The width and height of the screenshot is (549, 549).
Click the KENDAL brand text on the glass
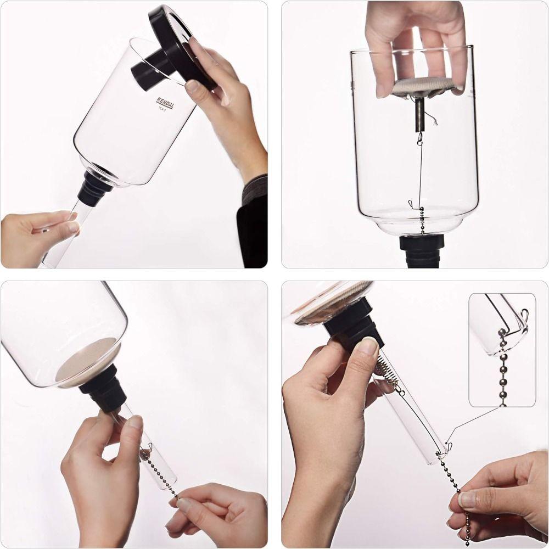point(164,103)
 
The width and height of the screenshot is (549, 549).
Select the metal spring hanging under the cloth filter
point(420,114)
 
